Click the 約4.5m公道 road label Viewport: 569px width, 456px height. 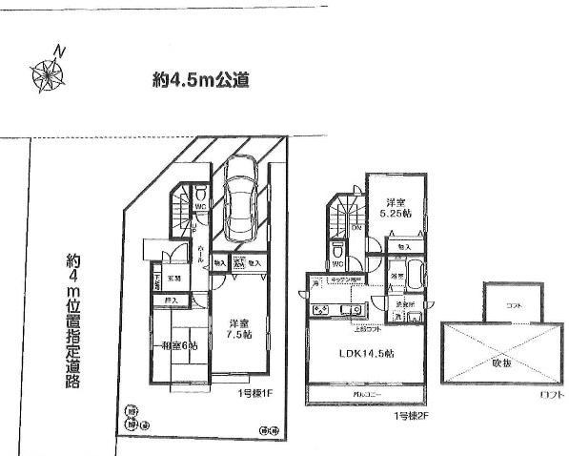pos(201,80)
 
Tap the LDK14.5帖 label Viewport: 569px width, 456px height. pos(365,353)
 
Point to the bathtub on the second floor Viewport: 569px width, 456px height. pos(417,281)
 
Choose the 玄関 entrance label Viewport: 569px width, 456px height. pos(175,278)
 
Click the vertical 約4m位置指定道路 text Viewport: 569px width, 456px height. pos(73,320)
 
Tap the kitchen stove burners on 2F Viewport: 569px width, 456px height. pos(321,310)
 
